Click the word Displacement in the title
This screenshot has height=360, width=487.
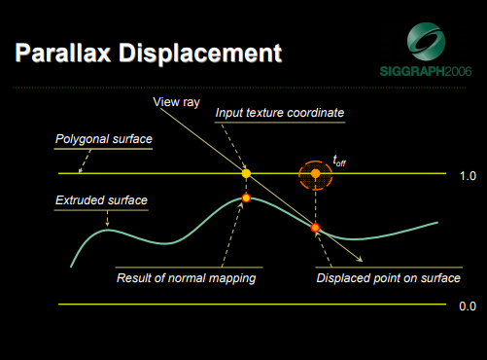click(207, 53)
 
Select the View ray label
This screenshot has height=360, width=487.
click(176, 101)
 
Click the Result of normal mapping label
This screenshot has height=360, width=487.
click(187, 277)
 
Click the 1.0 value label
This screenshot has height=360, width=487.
click(468, 175)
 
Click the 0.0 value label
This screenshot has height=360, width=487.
click(468, 306)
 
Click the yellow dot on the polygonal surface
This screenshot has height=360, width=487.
click(246, 174)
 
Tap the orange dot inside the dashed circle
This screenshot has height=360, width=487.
click(315, 175)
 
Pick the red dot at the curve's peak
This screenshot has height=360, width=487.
click(246, 198)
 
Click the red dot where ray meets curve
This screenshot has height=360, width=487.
click(315, 228)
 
